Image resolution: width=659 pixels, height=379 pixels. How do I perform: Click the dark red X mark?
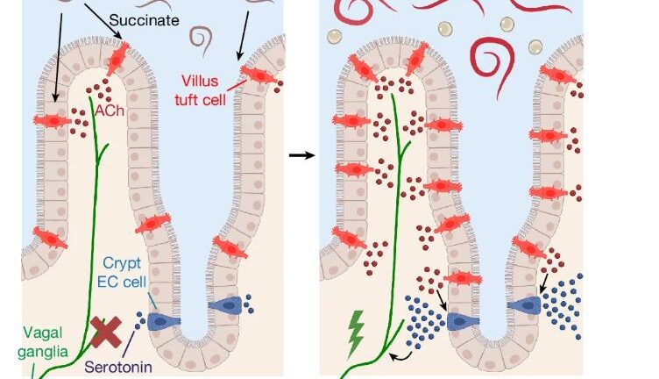coord(107,332)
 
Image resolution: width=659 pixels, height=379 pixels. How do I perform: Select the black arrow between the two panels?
coord(301,155)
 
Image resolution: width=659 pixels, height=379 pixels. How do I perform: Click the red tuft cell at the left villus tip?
coord(117,58)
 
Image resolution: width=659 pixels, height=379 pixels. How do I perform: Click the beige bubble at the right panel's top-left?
coord(334,36)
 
